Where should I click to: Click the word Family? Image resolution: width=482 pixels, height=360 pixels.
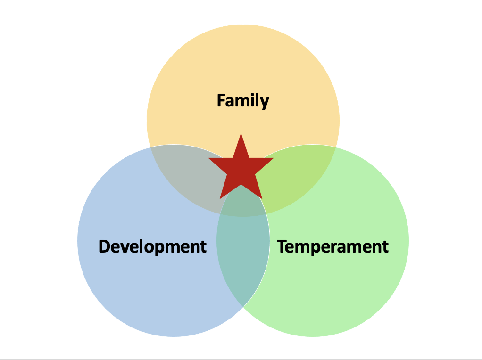(243, 100)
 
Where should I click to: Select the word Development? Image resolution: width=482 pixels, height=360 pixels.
(152, 246)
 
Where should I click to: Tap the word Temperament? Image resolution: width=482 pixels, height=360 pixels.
(332, 246)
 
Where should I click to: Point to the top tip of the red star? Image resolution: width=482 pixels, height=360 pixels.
(241, 135)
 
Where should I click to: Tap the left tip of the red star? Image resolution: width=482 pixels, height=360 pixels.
(209, 159)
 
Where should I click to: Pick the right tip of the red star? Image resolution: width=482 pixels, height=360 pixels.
(273, 159)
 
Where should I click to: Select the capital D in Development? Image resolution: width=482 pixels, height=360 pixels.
(105, 246)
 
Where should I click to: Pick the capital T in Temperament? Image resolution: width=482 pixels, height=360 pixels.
(282, 246)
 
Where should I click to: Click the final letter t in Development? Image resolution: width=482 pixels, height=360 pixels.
(203, 247)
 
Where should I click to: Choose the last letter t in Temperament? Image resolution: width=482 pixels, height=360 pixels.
(385, 247)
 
